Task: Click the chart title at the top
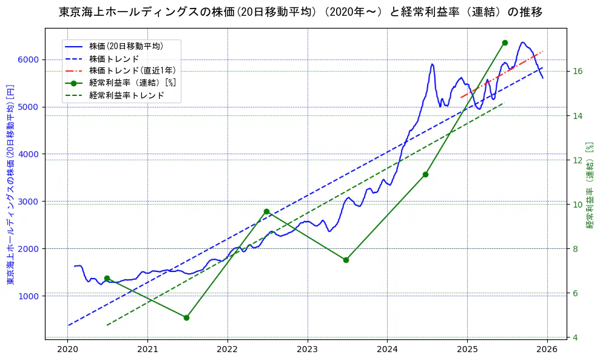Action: pos(300,12)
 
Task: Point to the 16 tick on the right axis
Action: pos(578,71)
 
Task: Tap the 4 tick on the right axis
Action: pos(575,338)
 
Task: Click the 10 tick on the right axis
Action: pos(578,205)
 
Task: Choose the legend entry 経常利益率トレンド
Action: pos(126,95)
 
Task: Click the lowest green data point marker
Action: pos(186,318)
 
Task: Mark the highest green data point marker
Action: pos(505,42)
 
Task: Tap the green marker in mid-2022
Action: pos(266,211)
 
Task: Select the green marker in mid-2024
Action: pos(425,174)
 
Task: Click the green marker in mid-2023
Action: pos(346,260)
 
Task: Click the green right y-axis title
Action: pos(590,185)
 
